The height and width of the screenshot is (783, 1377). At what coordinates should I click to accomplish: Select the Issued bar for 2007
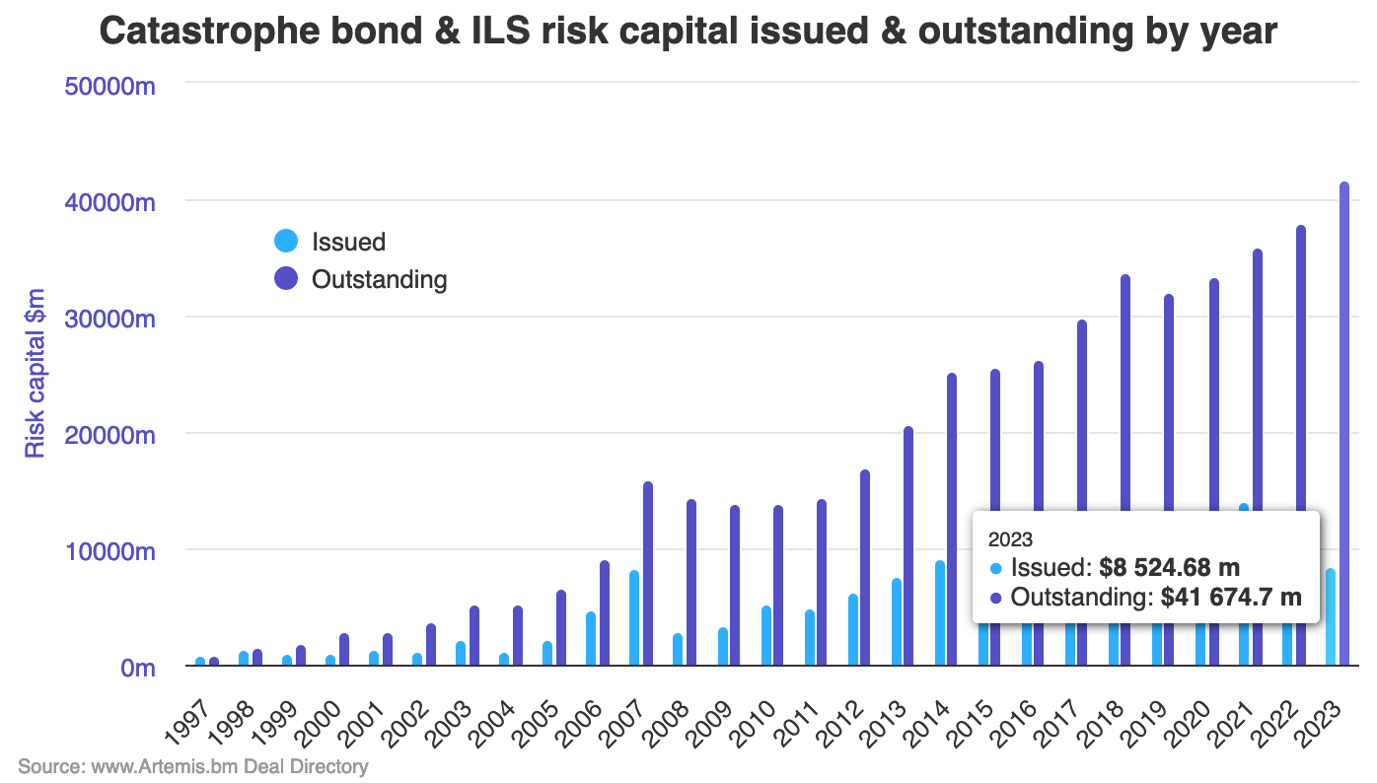point(634,618)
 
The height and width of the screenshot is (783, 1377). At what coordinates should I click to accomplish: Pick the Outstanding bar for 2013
point(908,546)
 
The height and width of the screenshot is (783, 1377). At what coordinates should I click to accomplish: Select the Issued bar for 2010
point(764,636)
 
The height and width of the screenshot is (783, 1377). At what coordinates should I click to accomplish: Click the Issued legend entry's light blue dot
point(286,242)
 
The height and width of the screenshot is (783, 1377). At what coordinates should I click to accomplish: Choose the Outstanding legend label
point(379,279)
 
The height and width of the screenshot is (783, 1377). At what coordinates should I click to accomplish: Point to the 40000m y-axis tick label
point(110,202)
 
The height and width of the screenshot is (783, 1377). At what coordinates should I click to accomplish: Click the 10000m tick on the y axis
point(110,550)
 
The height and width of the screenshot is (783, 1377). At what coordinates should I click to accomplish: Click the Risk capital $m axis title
point(36,374)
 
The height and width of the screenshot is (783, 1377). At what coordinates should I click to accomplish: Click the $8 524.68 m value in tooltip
point(1169,567)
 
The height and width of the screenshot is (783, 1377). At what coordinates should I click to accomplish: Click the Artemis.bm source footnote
point(192,766)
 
